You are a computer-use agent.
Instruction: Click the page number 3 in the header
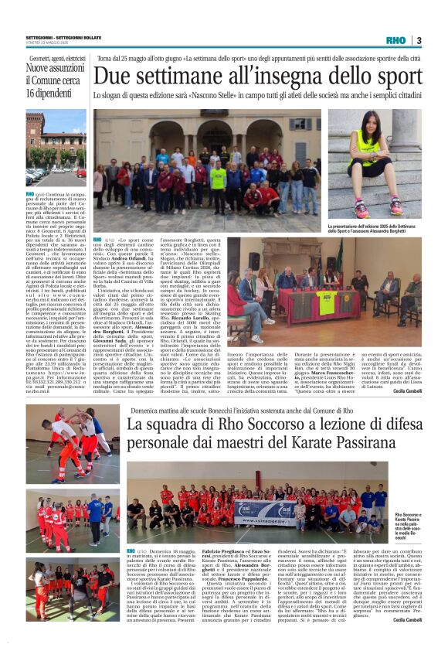click(x=418, y=40)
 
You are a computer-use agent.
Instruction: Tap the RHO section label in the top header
click(x=395, y=40)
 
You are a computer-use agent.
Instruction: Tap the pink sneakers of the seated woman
click(x=378, y=208)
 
